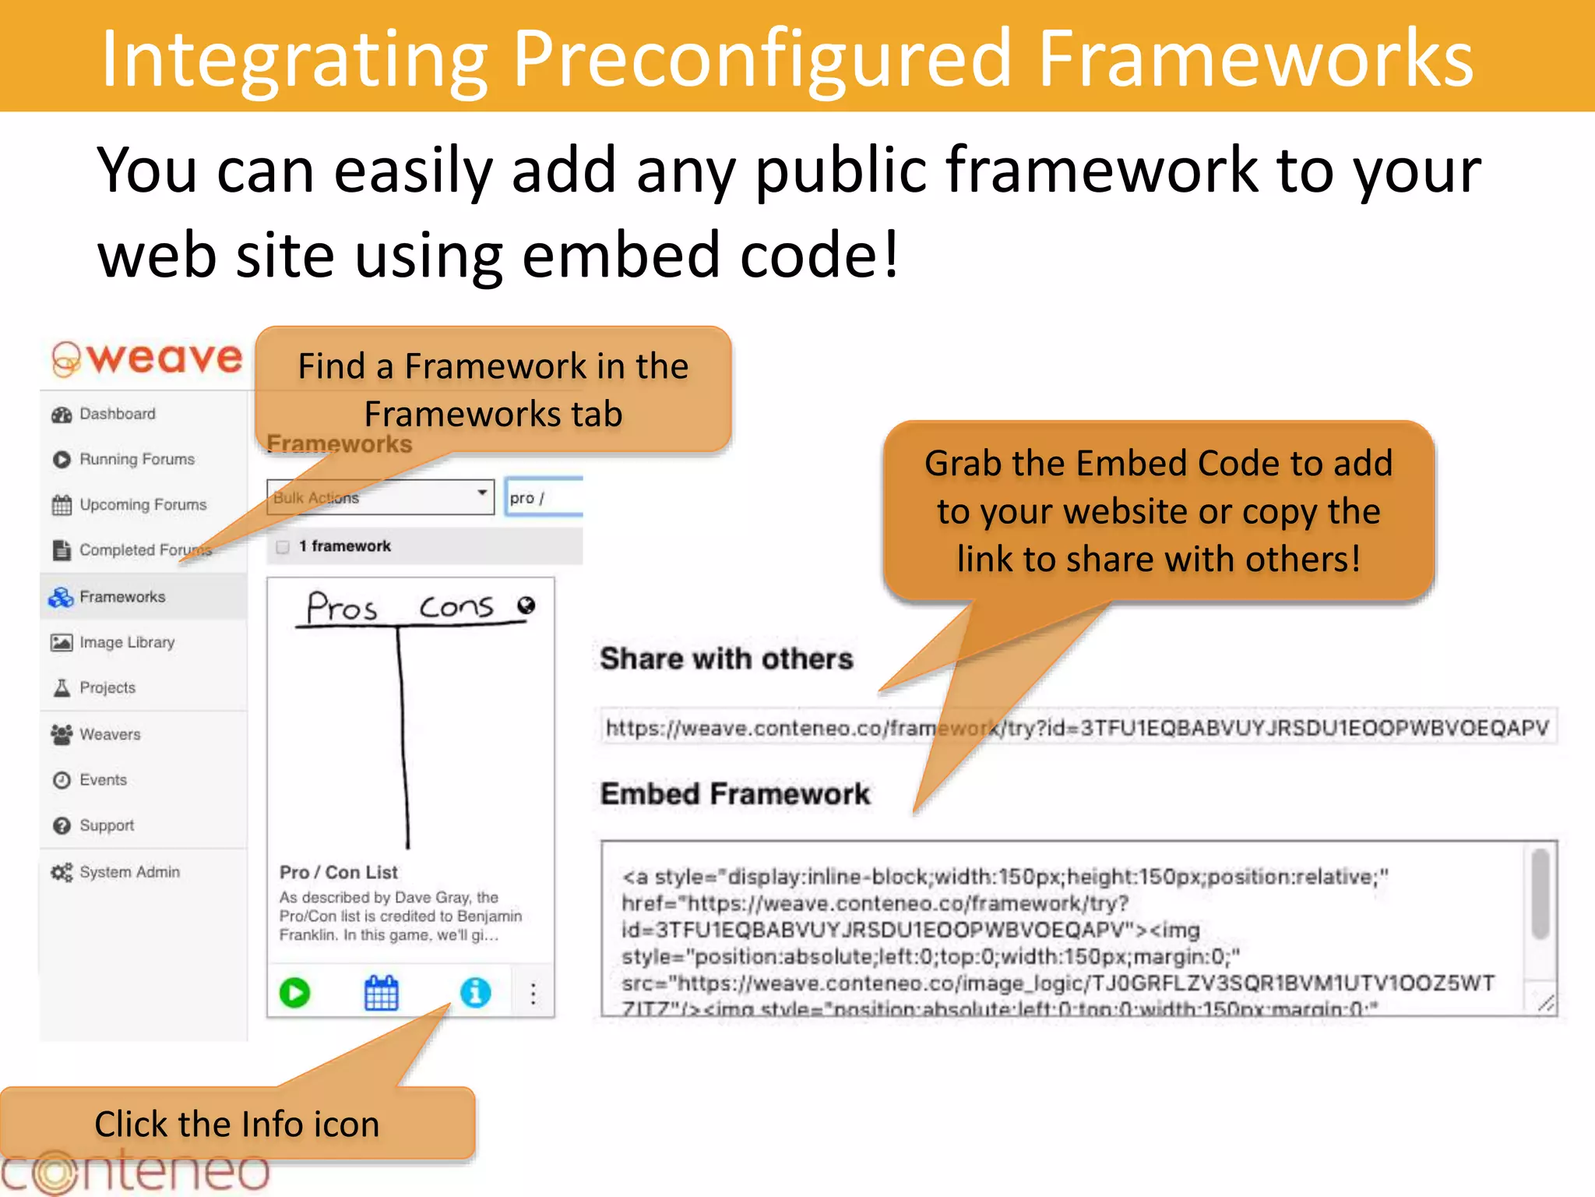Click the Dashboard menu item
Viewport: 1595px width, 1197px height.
pos(117,414)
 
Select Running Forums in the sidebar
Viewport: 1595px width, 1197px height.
pos(136,459)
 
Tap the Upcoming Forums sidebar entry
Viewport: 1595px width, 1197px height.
pos(143,505)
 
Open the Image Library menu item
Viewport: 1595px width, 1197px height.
pos(126,642)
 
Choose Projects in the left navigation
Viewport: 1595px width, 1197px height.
pos(107,687)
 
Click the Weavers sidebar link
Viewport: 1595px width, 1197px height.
pos(109,734)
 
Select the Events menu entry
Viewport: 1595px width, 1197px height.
pos(102,779)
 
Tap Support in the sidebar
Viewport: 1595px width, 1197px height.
pos(106,825)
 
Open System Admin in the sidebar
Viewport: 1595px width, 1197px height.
pos(129,872)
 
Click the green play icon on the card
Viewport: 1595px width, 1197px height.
pos(294,993)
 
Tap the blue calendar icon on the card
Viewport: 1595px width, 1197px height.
pos(382,993)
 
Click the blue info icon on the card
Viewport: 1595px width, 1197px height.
pos(475,993)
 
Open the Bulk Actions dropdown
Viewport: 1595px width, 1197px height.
pos(380,497)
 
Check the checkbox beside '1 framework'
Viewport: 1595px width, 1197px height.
pos(283,546)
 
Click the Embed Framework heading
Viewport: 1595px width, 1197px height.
pos(734,794)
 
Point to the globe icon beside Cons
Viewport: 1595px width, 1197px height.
pos(526,606)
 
